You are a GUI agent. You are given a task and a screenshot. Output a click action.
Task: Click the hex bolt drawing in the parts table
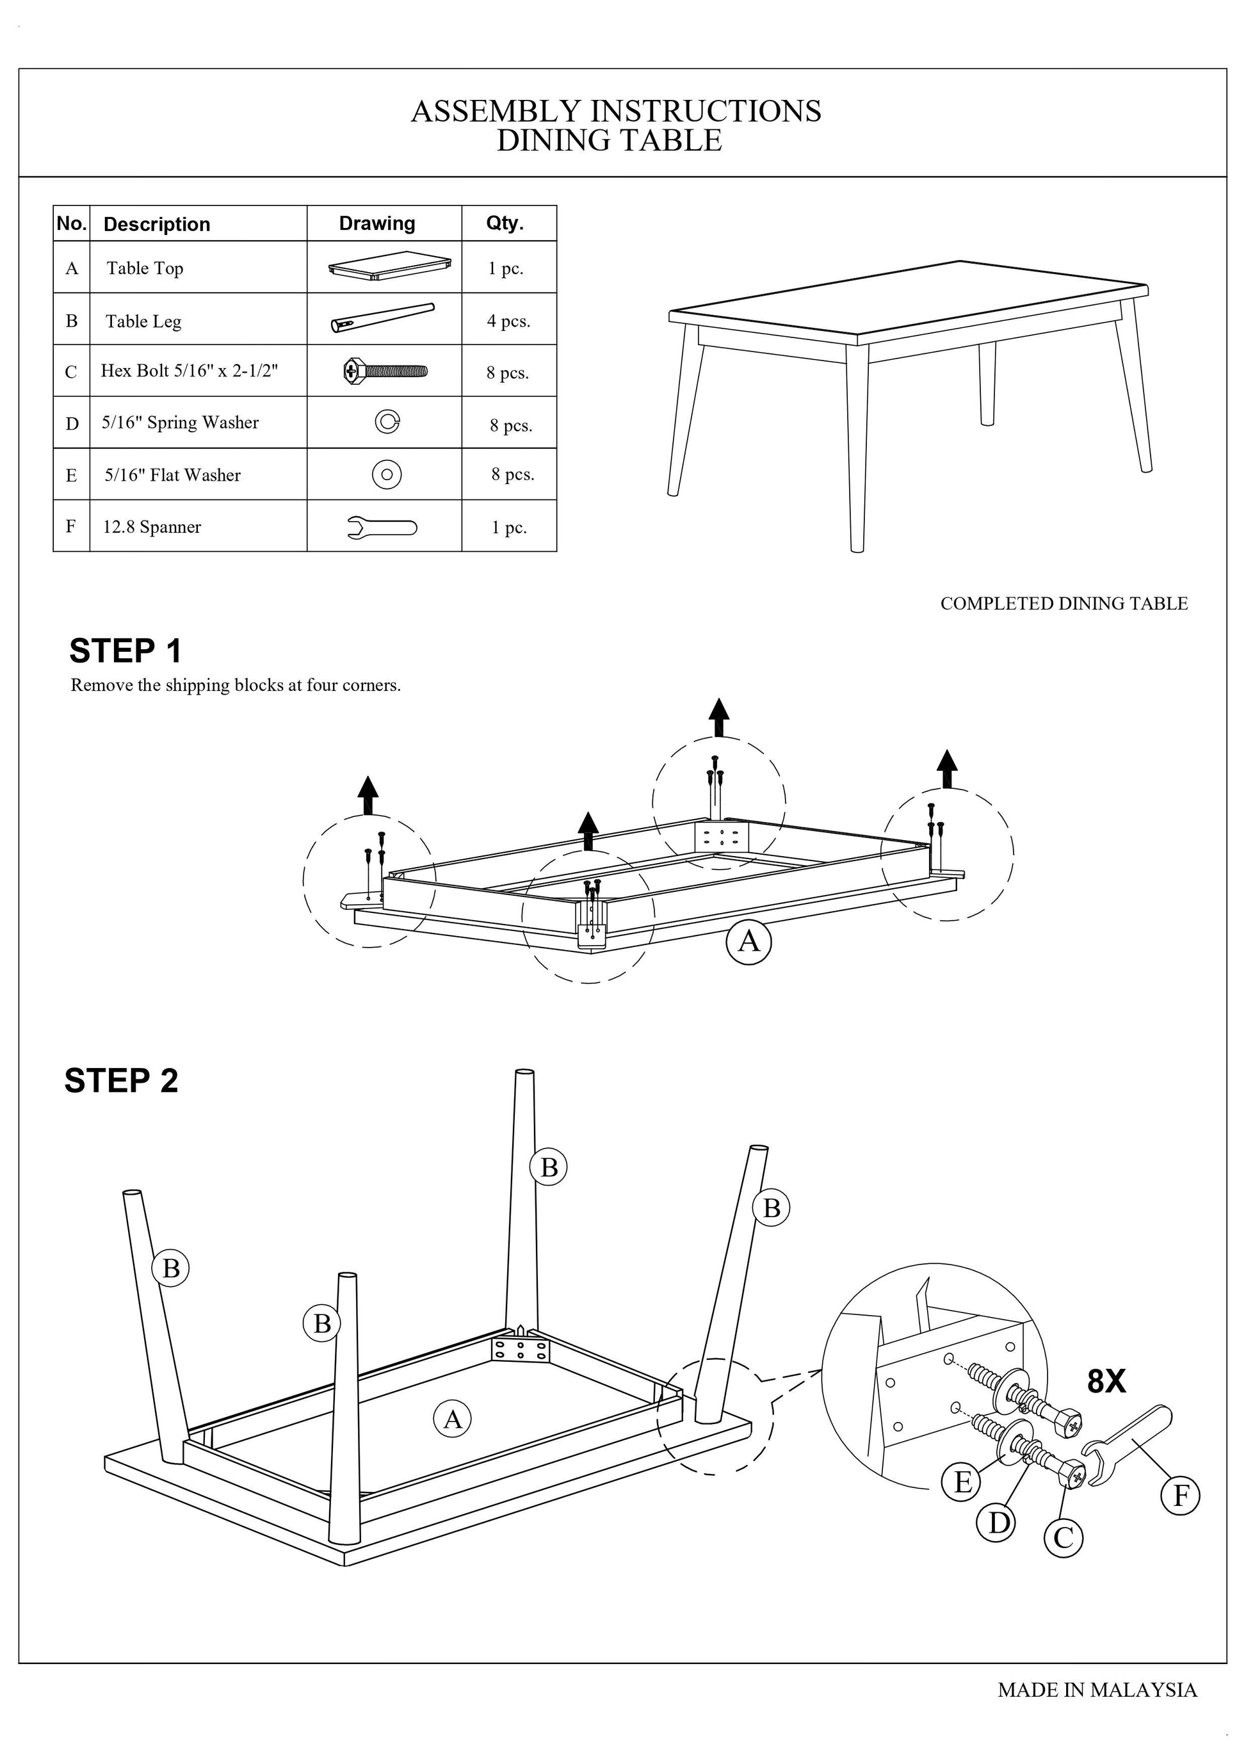point(385,371)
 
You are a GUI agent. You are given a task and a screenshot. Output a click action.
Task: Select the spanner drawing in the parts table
point(382,527)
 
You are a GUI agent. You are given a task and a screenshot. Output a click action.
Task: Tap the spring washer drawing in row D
point(387,421)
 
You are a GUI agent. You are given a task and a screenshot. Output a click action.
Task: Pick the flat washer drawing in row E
point(387,474)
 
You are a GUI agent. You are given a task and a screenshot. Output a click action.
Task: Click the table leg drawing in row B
point(382,318)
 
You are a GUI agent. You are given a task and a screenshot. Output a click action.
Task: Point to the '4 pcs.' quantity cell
point(508,321)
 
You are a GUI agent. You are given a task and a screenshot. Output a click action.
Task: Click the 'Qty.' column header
point(505,223)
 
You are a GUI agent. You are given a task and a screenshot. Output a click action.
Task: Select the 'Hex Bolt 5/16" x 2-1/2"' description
point(189,371)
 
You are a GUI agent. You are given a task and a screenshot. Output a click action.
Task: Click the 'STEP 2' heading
point(121,1081)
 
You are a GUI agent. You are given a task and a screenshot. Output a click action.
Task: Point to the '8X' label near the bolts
point(1106,1381)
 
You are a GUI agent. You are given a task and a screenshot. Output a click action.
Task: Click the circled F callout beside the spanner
point(1181,1495)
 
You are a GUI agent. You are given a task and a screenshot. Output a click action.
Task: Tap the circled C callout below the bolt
point(1064,1538)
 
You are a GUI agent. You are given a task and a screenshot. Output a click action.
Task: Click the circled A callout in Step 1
point(748,941)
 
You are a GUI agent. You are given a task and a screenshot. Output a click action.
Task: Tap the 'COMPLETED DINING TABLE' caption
point(1064,604)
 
